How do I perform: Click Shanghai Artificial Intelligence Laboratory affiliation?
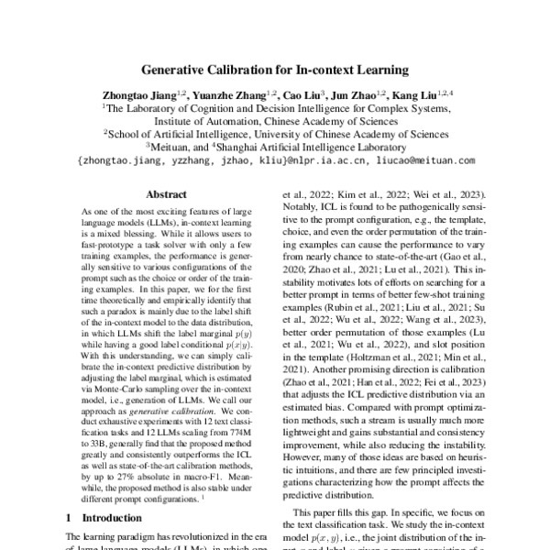[x=312, y=146]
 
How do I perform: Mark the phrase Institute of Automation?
[x=205, y=119]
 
